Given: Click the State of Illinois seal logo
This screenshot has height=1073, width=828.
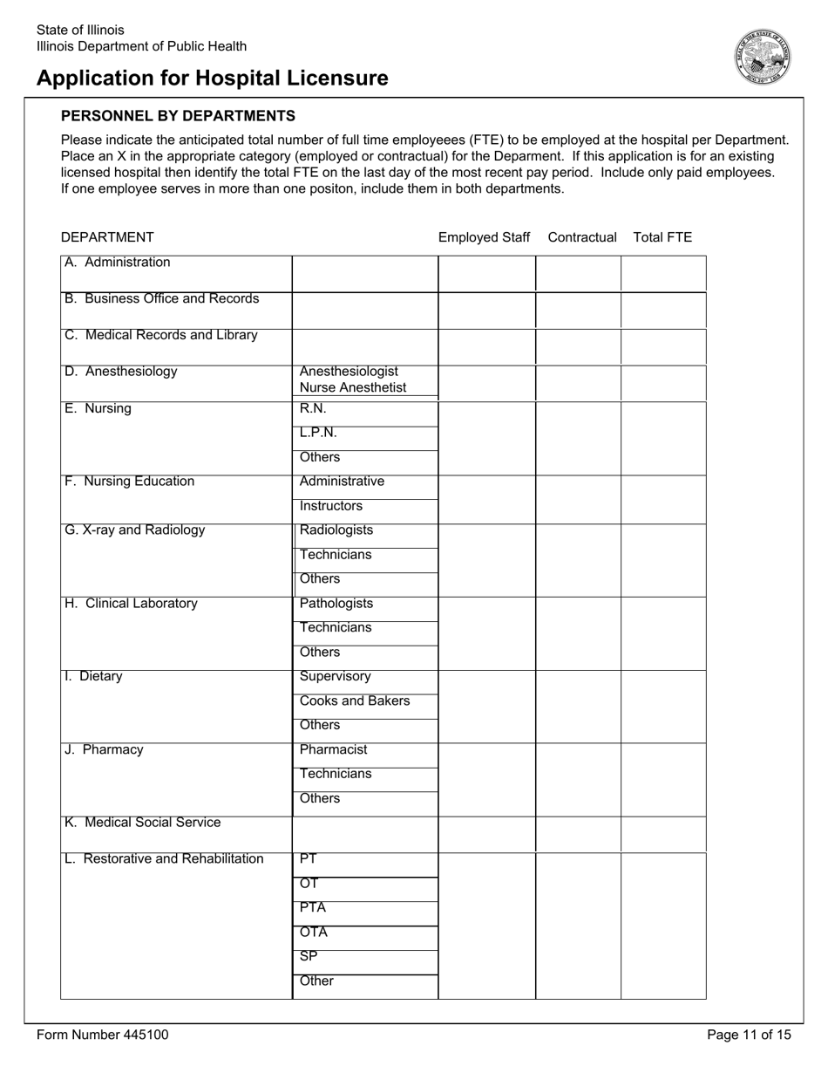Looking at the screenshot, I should coord(763,56).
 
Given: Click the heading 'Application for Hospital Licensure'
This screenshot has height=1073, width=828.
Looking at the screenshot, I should coord(213,79).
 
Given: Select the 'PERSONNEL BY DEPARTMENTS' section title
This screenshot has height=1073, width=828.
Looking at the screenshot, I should coord(178,116).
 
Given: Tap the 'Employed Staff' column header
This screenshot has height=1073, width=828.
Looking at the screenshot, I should coord(484,237).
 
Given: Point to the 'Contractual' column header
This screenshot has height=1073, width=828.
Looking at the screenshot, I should coord(582,237).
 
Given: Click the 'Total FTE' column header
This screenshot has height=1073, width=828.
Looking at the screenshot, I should coord(662,237).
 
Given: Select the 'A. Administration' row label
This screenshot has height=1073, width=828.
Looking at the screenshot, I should coord(118,263).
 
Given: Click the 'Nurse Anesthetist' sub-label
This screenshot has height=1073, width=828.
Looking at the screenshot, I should coord(353,388).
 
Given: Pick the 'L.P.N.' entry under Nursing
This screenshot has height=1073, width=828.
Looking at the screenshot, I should coord(317,433).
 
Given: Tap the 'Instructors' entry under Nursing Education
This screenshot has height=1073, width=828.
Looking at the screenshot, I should coord(330,506).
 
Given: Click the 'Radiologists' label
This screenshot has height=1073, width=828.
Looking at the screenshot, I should coord(336,530).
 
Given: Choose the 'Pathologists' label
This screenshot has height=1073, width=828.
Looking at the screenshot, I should coord(336,604).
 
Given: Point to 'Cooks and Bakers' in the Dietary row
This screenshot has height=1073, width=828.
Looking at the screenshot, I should coord(354,701).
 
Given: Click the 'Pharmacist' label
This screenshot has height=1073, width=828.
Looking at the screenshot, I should coord(333,750).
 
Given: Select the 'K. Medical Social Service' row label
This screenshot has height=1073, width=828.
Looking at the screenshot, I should coord(143,823).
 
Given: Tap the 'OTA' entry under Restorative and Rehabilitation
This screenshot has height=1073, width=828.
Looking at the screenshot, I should coord(313,933).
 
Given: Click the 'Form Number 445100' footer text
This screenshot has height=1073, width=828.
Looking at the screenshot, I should coord(103,1035).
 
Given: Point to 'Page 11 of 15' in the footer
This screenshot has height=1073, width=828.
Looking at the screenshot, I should coord(749,1035).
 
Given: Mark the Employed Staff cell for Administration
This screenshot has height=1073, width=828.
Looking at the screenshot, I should coord(486,274).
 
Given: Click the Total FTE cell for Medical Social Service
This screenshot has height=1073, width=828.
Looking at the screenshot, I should coord(663,834).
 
